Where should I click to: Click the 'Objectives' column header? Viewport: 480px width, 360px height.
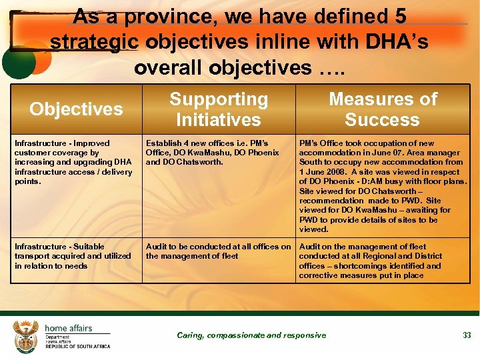(x=76, y=109)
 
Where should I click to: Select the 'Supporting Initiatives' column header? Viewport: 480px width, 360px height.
(x=219, y=109)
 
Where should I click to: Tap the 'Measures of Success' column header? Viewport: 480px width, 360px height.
(x=383, y=109)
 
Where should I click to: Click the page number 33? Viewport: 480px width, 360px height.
(x=467, y=335)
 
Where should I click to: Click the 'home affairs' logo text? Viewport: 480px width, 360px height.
(x=68, y=328)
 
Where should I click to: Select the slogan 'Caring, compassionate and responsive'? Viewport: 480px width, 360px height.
(x=251, y=335)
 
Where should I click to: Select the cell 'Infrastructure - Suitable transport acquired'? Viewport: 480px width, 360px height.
(x=73, y=256)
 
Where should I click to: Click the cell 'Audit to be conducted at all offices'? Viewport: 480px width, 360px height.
(x=218, y=251)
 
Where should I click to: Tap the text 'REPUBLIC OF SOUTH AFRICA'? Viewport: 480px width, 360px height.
(x=77, y=346)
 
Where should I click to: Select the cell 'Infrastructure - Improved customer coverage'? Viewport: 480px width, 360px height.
(x=73, y=162)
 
